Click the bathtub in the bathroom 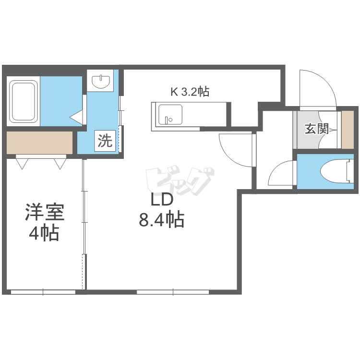point(24,103)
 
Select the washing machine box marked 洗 point(105,141)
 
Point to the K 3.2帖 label point(190,92)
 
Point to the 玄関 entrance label point(317,129)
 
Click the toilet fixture point(336,171)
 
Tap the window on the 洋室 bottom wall point(43,291)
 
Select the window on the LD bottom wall point(173,291)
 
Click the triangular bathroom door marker point(77,117)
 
